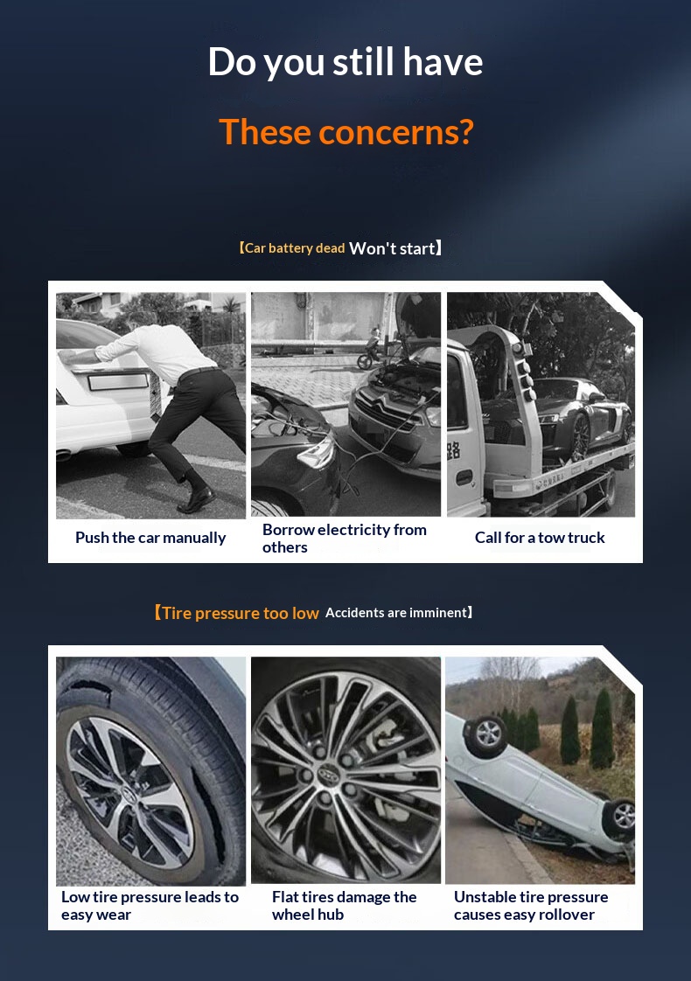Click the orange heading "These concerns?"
click(x=346, y=132)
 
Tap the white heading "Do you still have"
click(x=345, y=62)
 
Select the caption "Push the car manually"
click(x=150, y=538)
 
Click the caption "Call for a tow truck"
click(x=540, y=538)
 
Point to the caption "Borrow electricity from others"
click(x=345, y=538)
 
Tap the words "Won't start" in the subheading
click(x=392, y=248)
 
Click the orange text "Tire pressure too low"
click(x=241, y=613)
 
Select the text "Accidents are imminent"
click(x=396, y=613)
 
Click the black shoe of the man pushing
click(x=197, y=499)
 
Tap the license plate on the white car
click(x=119, y=381)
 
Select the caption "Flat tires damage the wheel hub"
click(x=345, y=905)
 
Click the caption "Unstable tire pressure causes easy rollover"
click(x=531, y=905)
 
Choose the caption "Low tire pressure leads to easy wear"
click(x=150, y=905)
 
